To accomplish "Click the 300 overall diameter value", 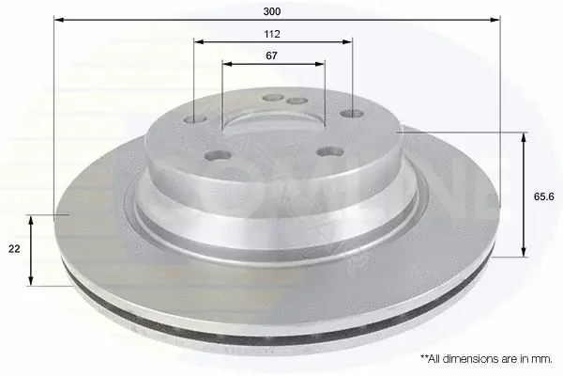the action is [272, 11].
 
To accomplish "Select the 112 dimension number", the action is [272, 34].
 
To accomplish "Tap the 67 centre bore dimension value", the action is [271, 55].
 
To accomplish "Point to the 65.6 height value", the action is [544, 196].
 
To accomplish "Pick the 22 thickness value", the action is [14, 248].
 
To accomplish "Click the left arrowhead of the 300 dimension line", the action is [58, 20].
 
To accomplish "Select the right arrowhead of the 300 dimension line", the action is [495, 20].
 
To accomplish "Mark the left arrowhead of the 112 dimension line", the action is [199, 41].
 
